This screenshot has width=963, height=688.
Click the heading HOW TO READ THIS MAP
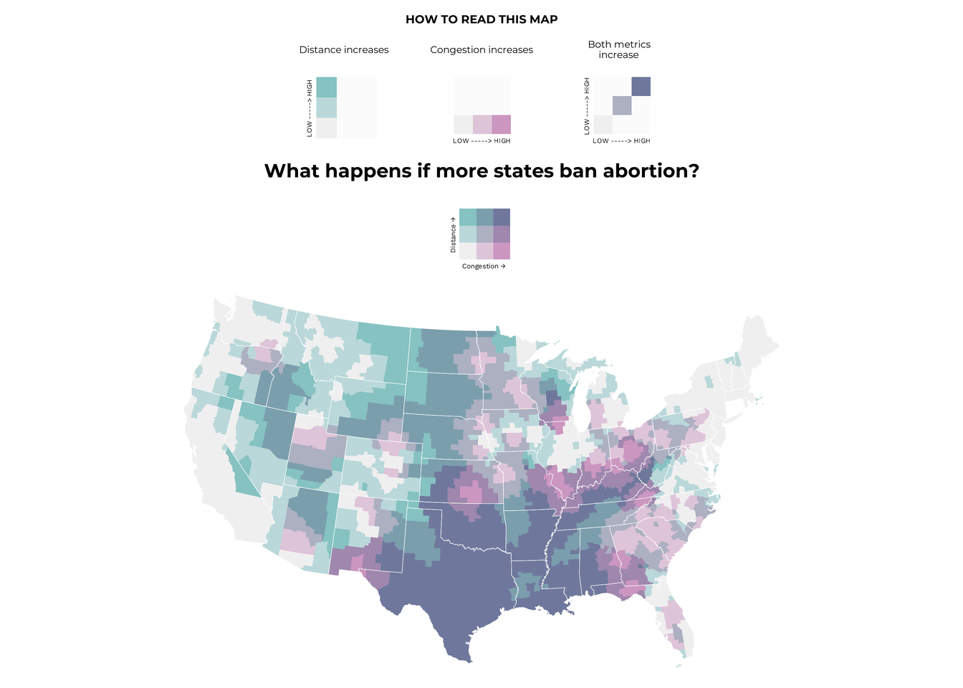tap(481, 19)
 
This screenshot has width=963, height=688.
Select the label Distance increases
tap(344, 50)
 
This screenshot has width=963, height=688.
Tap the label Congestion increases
tap(481, 50)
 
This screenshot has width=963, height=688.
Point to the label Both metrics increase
tap(619, 49)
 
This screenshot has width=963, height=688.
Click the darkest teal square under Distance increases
tap(326, 87)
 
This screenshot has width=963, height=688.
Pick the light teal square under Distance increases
tap(326, 107)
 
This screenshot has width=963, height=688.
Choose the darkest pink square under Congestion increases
tap(502, 124)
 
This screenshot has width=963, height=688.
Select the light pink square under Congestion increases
tap(482, 124)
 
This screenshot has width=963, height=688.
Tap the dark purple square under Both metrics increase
tap(641, 87)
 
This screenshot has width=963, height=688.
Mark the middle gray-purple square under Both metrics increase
tap(622, 105)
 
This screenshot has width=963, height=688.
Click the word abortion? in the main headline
tap(651, 171)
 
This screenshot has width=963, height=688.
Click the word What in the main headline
tap(292, 171)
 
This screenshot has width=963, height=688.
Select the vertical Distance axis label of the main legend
tap(453, 234)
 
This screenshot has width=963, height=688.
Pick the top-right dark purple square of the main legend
tap(502, 217)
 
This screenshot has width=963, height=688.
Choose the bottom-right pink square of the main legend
tap(502, 251)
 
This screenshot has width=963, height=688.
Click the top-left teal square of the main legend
tap(467, 217)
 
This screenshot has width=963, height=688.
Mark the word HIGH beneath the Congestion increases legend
tap(502, 141)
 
